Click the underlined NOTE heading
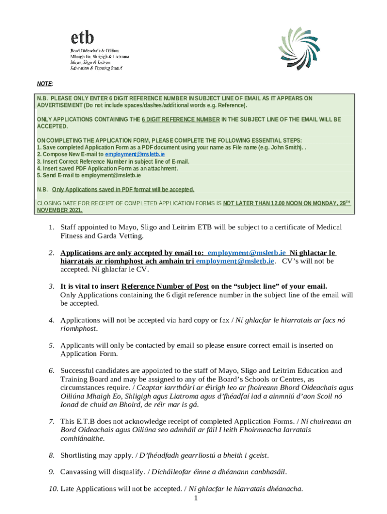[45, 83]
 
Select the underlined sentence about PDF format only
[123, 190]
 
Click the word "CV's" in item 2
[292, 261]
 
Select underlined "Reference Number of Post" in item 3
[165, 287]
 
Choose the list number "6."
[52, 370]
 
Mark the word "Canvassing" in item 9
[81, 472]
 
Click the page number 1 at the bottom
[195, 498]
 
